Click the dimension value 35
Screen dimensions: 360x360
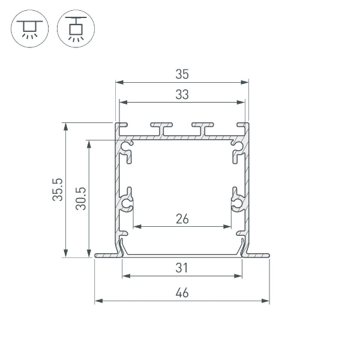pos(182,74)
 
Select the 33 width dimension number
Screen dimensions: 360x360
pos(182,95)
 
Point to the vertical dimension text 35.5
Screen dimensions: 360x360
pos(58,190)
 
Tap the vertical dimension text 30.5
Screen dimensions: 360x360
pos(81,199)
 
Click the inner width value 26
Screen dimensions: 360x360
pos(182,219)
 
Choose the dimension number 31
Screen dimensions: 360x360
pos(182,268)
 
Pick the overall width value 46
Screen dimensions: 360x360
pos(182,293)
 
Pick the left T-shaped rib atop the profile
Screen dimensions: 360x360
pos(161,128)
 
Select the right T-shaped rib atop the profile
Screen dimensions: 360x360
pos(203,128)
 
